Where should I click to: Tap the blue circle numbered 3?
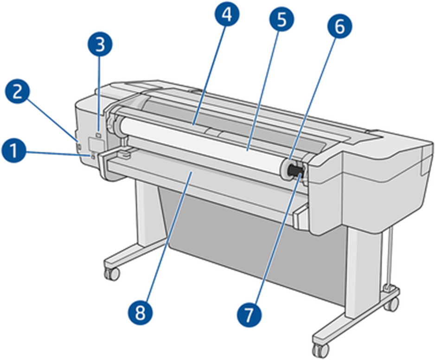pos(99,46)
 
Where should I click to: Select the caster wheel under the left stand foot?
pos(111,273)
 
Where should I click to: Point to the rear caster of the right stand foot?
pos(392,303)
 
